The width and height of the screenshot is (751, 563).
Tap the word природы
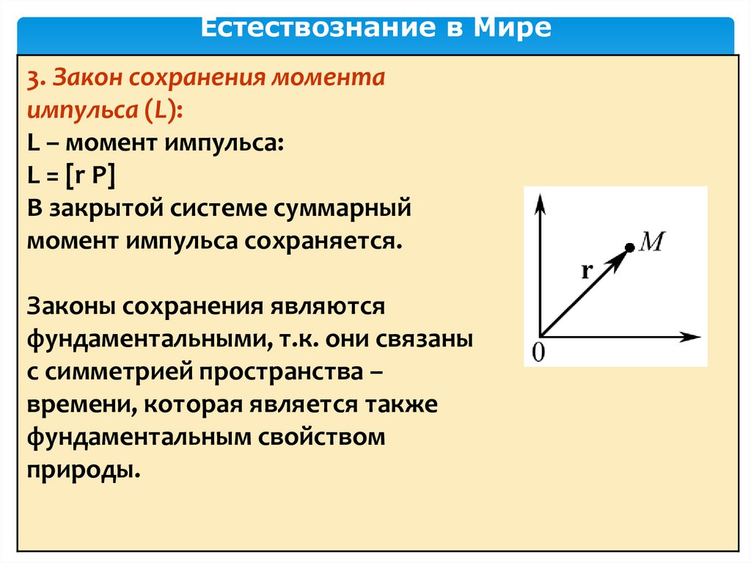84,470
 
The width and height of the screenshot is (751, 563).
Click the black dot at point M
630,248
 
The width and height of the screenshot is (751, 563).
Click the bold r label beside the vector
587,271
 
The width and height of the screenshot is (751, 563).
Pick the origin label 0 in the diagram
538,353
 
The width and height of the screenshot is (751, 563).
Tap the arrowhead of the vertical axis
540,203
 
